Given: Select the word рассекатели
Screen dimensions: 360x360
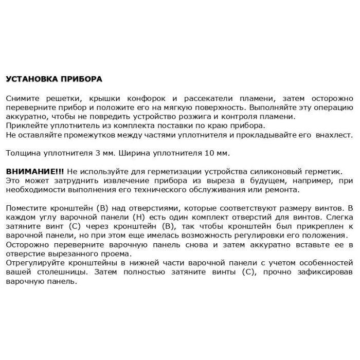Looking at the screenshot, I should point(212,98).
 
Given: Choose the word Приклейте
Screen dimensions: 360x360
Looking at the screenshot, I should point(26,126).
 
